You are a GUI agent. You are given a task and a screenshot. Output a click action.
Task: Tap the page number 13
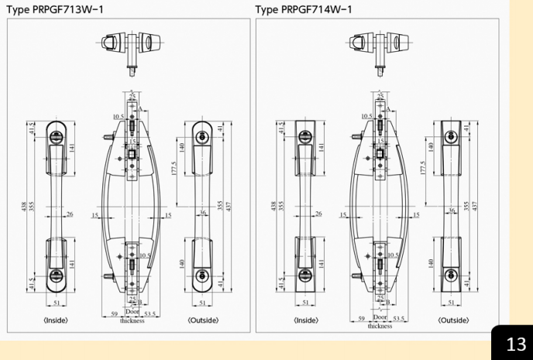pyautogui.click(x=515, y=343)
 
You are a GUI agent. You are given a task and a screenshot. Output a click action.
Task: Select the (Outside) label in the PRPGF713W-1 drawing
pyautogui.click(x=203, y=321)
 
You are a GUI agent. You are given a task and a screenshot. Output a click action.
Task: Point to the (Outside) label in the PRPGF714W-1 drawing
pyautogui.click(x=453, y=321)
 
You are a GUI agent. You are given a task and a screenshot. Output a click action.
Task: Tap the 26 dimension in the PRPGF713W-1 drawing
pyautogui.click(x=69, y=214)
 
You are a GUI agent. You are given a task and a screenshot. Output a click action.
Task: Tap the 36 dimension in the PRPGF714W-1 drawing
pyautogui.click(x=452, y=211)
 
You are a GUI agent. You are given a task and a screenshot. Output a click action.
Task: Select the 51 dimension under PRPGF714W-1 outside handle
pyautogui.click(x=453, y=303)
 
